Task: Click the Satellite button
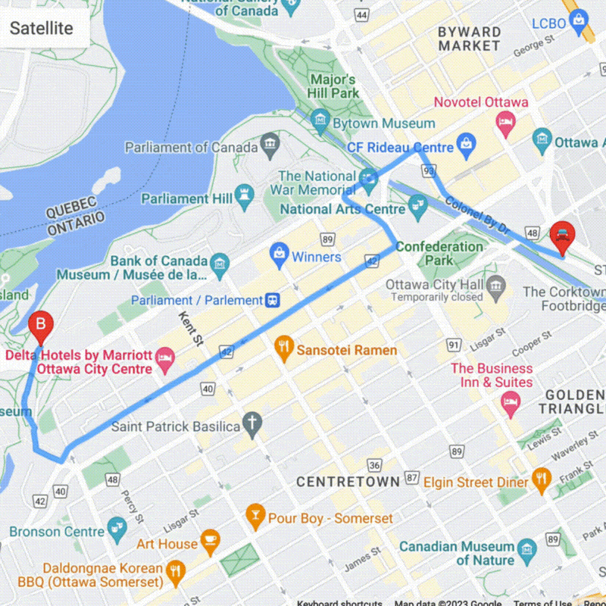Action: (x=42, y=29)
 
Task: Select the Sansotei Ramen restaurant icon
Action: (x=284, y=349)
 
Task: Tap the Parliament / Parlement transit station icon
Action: (x=273, y=300)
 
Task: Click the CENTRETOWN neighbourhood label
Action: (x=348, y=482)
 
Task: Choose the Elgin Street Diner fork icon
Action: (x=540, y=479)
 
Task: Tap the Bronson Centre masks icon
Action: (x=116, y=527)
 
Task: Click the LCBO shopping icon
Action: (x=578, y=18)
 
